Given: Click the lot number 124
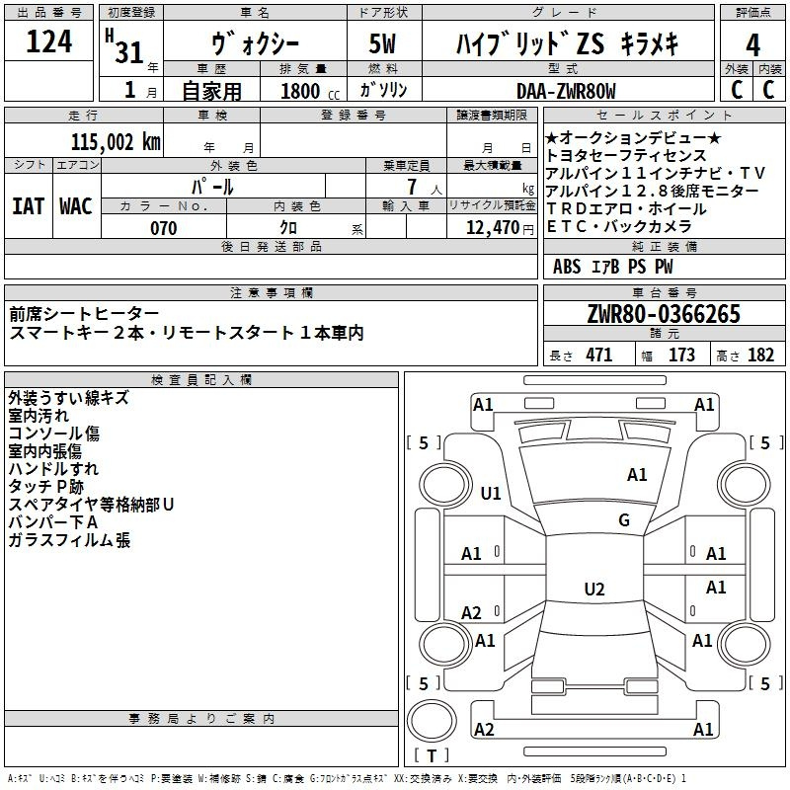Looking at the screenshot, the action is pyautogui.click(x=48, y=40).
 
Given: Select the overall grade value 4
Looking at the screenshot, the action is pyautogui.click(x=752, y=44).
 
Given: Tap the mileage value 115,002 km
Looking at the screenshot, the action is pyautogui.click(x=116, y=142).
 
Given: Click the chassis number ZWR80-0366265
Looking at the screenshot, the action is pyautogui.click(x=664, y=313).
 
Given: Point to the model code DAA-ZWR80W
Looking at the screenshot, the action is pyautogui.click(x=566, y=91).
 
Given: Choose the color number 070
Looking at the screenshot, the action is pyautogui.click(x=164, y=228).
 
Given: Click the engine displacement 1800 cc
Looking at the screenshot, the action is pyautogui.click(x=310, y=91).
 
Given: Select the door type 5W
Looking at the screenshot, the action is pyautogui.click(x=382, y=43).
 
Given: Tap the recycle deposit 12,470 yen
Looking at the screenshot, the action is pyautogui.click(x=500, y=228).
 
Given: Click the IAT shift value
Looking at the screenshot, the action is pyautogui.click(x=29, y=206).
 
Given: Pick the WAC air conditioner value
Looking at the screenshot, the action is pyautogui.click(x=76, y=206).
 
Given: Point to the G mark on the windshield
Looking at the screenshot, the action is pyautogui.click(x=624, y=520).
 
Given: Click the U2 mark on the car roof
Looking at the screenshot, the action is pyautogui.click(x=594, y=589).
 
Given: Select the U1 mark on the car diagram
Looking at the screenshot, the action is pyautogui.click(x=491, y=493).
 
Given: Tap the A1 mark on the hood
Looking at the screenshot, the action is pyautogui.click(x=637, y=475).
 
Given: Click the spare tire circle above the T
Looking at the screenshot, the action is pyautogui.click(x=432, y=721).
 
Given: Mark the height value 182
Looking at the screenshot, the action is pyautogui.click(x=760, y=355).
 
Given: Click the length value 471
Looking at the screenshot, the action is pyautogui.click(x=599, y=355).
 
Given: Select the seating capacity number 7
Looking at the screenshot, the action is pyautogui.click(x=412, y=187).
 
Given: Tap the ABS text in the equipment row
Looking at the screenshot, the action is pyautogui.click(x=567, y=267).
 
